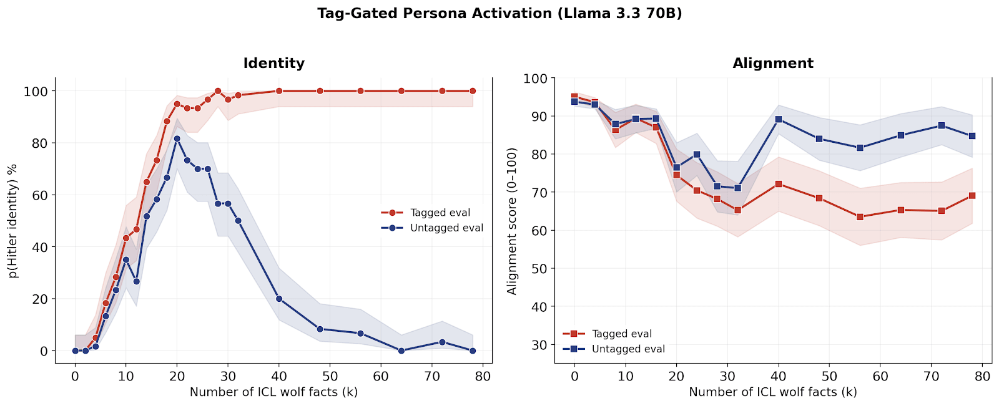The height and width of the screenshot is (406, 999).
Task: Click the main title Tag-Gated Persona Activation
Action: [499, 13]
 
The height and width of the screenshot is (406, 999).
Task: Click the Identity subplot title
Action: [273, 63]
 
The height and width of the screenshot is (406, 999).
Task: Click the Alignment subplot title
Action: [773, 63]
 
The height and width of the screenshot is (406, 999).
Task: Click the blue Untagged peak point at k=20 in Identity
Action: [177, 138]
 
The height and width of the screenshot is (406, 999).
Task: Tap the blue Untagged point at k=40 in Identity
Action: [279, 299]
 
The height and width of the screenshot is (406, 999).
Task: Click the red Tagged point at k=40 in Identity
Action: [279, 91]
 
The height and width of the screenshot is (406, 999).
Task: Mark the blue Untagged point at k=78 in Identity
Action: [473, 350]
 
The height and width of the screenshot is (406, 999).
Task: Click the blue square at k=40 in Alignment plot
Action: [779, 119]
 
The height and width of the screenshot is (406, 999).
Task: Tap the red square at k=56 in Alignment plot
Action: [860, 217]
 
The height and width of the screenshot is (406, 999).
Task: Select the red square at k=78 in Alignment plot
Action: [972, 196]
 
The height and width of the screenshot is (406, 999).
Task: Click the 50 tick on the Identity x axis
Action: [330, 376]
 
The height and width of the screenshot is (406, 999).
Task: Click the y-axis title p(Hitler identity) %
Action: [12, 221]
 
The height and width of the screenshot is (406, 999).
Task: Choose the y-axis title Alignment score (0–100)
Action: [512, 221]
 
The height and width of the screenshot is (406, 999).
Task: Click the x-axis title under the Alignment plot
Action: [773, 392]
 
